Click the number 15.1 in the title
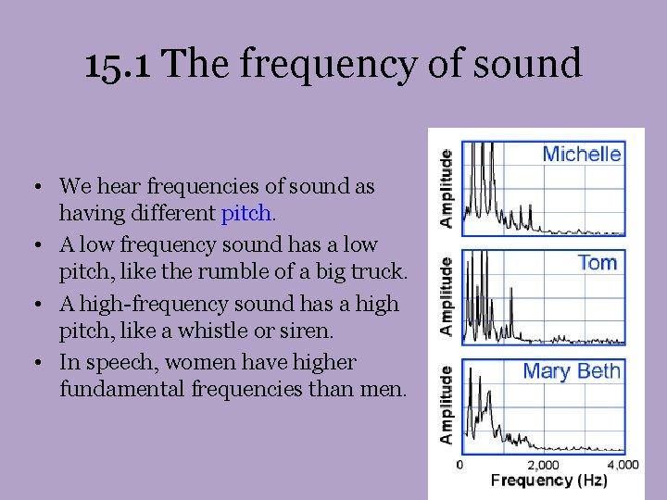[120, 64]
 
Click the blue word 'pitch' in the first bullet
[246, 215]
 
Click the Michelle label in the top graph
[582, 154]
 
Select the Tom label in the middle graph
[597, 263]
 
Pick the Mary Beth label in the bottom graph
[572, 371]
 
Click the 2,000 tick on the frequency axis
[544, 465]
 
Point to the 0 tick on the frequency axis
[460, 465]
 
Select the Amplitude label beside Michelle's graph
[447, 188]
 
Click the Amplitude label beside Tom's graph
[447, 296]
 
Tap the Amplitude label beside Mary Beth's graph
[447, 405]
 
